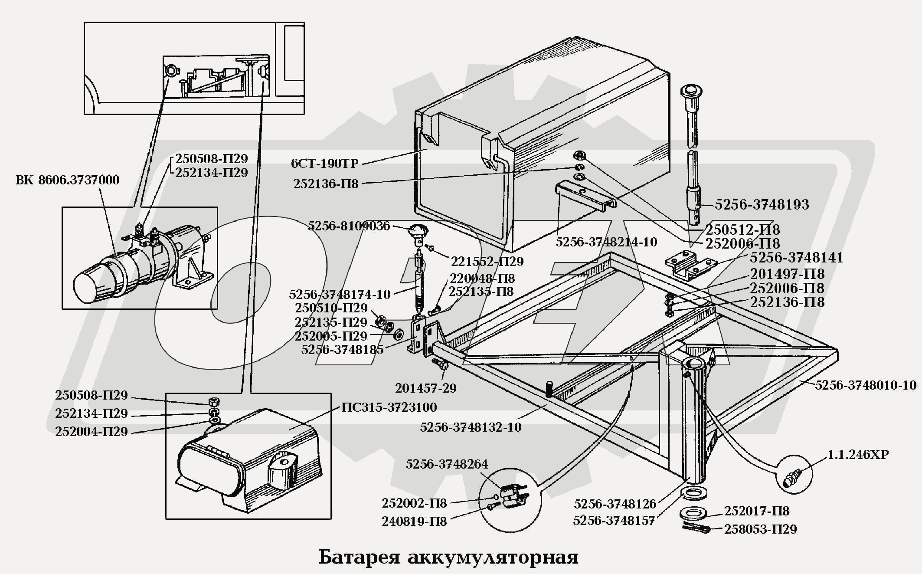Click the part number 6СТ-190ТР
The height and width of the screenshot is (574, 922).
click(324, 164)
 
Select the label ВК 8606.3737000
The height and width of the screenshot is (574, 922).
click(67, 180)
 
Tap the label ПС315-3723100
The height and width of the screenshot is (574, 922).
click(389, 407)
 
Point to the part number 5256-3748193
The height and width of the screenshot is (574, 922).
click(762, 205)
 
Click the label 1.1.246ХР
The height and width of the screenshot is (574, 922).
click(858, 455)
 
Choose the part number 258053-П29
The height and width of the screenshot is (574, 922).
click(760, 529)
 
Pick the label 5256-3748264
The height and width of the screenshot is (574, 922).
click(447, 464)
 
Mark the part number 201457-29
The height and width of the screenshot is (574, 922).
click(425, 388)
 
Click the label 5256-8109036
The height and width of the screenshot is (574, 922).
click(349, 226)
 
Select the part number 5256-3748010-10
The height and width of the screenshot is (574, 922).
click(866, 385)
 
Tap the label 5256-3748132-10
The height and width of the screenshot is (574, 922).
click(471, 427)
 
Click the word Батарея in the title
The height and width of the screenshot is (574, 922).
click(359, 557)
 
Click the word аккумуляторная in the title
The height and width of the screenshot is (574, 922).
click(493, 557)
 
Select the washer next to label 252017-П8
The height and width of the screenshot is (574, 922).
click(693, 513)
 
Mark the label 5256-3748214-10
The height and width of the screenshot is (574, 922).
click(606, 242)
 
